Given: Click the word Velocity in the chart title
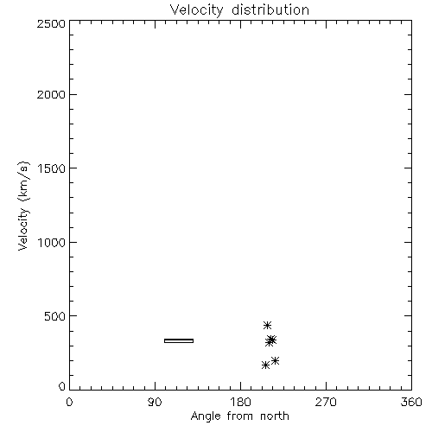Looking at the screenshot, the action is coord(196,10).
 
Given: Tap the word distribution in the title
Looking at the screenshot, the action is coord(270,10).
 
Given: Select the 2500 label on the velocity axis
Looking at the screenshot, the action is coord(51,23).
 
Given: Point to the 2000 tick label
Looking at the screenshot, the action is coord(51,94).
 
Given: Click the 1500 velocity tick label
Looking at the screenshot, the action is coord(52,168).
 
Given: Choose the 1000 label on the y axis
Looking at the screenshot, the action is coord(52,243).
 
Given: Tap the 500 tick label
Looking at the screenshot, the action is coord(55,316).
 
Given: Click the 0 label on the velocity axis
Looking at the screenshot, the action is coord(62,386).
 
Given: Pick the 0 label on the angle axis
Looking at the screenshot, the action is coord(69,402).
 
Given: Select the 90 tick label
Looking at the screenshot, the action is coord(155,402).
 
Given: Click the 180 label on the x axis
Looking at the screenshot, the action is coord(240,402).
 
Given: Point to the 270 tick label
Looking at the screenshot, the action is coord(326,402).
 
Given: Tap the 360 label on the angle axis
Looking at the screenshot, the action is coord(411,402).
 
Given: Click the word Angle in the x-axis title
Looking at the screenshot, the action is coord(206,416).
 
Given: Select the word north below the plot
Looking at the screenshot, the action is coord(275,416).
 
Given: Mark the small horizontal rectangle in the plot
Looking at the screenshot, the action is coord(179,340).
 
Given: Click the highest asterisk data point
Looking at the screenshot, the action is coord(267,325).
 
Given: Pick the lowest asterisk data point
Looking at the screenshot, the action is coord(265,365).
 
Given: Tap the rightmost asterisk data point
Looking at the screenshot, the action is coord(275,360).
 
